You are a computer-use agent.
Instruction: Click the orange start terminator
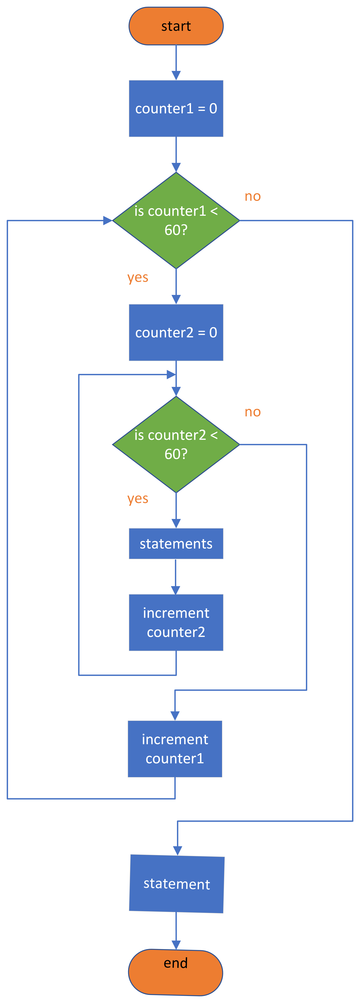click(x=176, y=26)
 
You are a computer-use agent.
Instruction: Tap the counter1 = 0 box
click(x=176, y=109)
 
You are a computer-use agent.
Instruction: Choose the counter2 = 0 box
click(x=176, y=333)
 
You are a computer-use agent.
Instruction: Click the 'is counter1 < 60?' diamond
click(x=176, y=220)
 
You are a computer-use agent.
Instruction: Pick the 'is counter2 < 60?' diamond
click(x=176, y=444)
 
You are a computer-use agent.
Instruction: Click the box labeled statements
click(x=176, y=544)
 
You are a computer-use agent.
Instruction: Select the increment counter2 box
click(x=176, y=622)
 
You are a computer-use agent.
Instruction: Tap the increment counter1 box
click(x=175, y=749)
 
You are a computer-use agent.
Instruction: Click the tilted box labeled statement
click(x=177, y=884)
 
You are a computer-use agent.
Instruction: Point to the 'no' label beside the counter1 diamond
click(x=253, y=196)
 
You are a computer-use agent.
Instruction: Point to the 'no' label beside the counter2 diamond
click(x=253, y=412)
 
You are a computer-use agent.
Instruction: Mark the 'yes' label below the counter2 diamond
click(x=138, y=499)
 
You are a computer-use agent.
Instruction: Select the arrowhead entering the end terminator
click(x=176, y=945)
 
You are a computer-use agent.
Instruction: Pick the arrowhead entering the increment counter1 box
click(x=175, y=716)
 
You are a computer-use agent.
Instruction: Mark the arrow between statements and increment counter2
click(x=176, y=576)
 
